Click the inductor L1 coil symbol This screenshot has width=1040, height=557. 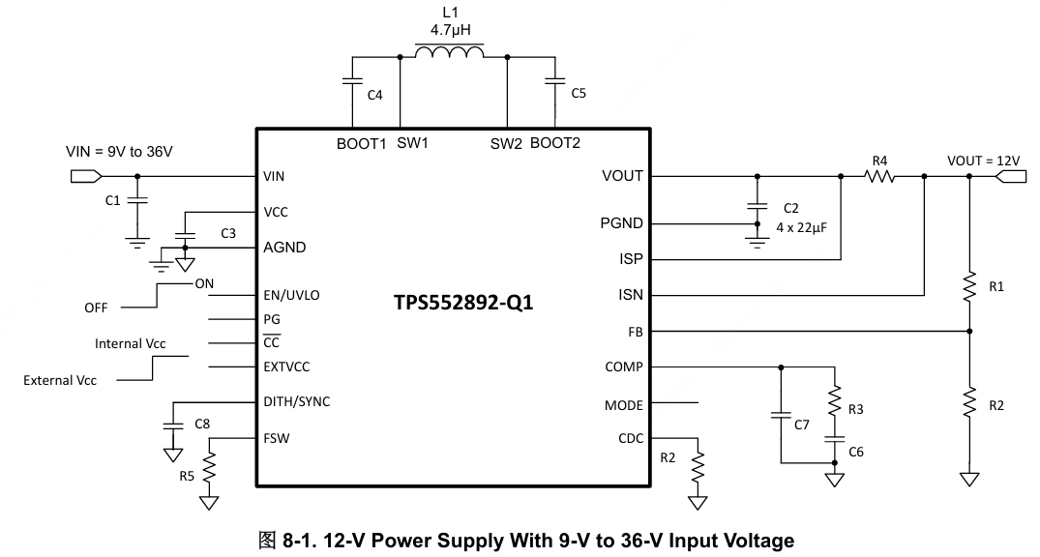pyautogui.click(x=450, y=51)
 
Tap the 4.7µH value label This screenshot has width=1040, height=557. pyautogui.click(x=450, y=30)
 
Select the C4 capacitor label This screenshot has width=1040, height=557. pyautogui.click(x=375, y=95)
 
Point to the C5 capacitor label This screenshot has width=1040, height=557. pyautogui.click(x=579, y=94)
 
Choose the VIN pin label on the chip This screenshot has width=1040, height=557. pyautogui.click(x=274, y=177)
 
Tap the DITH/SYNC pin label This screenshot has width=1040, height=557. pyautogui.click(x=296, y=401)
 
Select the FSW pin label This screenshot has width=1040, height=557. pyautogui.click(x=277, y=438)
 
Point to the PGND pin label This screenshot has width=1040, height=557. pyautogui.click(x=622, y=223)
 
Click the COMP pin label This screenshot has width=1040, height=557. pyautogui.click(x=624, y=366)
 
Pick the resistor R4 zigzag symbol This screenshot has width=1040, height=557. pyautogui.click(x=879, y=177)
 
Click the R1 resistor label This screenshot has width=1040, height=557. pyautogui.click(x=996, y=287)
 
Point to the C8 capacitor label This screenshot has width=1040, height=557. pyautogui.click(x=202, y=424)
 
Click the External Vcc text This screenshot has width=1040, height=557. pyautogui.click(x=60, y=380)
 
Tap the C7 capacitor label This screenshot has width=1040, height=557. pyautogui.click(x=801, y=425)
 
